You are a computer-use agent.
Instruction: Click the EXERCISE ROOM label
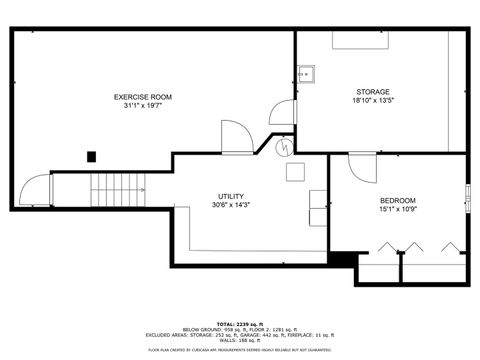[x=142, y=97]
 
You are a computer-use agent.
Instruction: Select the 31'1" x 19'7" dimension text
[x=142, y=106]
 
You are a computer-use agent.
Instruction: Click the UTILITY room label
[x=231, y=196]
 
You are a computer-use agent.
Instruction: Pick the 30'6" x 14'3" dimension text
[x=231, y=205]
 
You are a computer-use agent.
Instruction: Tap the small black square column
[x=92, y=156]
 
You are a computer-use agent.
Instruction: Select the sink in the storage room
[x=305, y=73]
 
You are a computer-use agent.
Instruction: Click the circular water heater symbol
[x=286, y=147]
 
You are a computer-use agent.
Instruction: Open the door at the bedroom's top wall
[x=360, y=165]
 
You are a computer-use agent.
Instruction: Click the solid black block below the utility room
[x=342, y=259]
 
